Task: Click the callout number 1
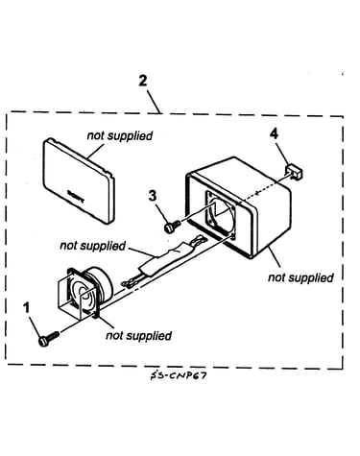[27, 308]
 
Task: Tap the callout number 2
[143, 81]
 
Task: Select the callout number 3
[153, 196]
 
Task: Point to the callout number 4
[274, 134]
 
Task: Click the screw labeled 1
[48, 339]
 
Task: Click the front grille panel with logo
[79, 180]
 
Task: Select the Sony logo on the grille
[76, 197]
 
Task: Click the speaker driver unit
[85, 292]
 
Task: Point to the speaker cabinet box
[238, 207]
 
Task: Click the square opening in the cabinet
[222, 214]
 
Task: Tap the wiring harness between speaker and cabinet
[163, 260]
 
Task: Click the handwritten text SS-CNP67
[178, 375]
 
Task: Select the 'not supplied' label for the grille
[120, 135]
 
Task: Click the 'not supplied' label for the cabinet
[300, 277]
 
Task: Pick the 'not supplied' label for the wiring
[93, 246]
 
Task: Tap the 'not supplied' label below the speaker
[138, 336]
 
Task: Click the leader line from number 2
[154, 102]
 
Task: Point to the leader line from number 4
[282, 154]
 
